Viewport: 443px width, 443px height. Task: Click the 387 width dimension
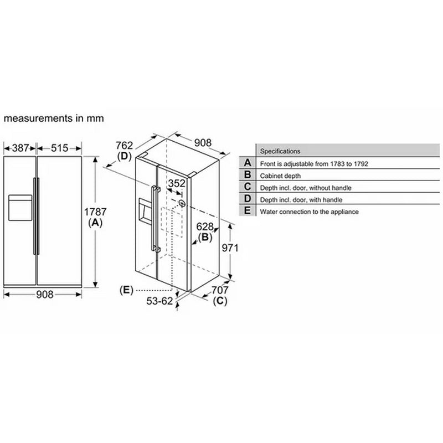point(20,148)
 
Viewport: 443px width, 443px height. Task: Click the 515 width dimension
point(59,148)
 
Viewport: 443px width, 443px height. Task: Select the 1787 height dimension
point(95,212)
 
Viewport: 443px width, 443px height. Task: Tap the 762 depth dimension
point(124,145)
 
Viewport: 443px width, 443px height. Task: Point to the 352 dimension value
point(177,183)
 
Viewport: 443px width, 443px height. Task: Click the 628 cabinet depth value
point(205,226)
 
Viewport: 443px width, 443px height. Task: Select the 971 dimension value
point(230,248)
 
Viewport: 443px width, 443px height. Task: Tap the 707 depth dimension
point(220,290)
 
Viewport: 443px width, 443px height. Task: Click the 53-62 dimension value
point(159,301)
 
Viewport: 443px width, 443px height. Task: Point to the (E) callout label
point(126,290)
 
